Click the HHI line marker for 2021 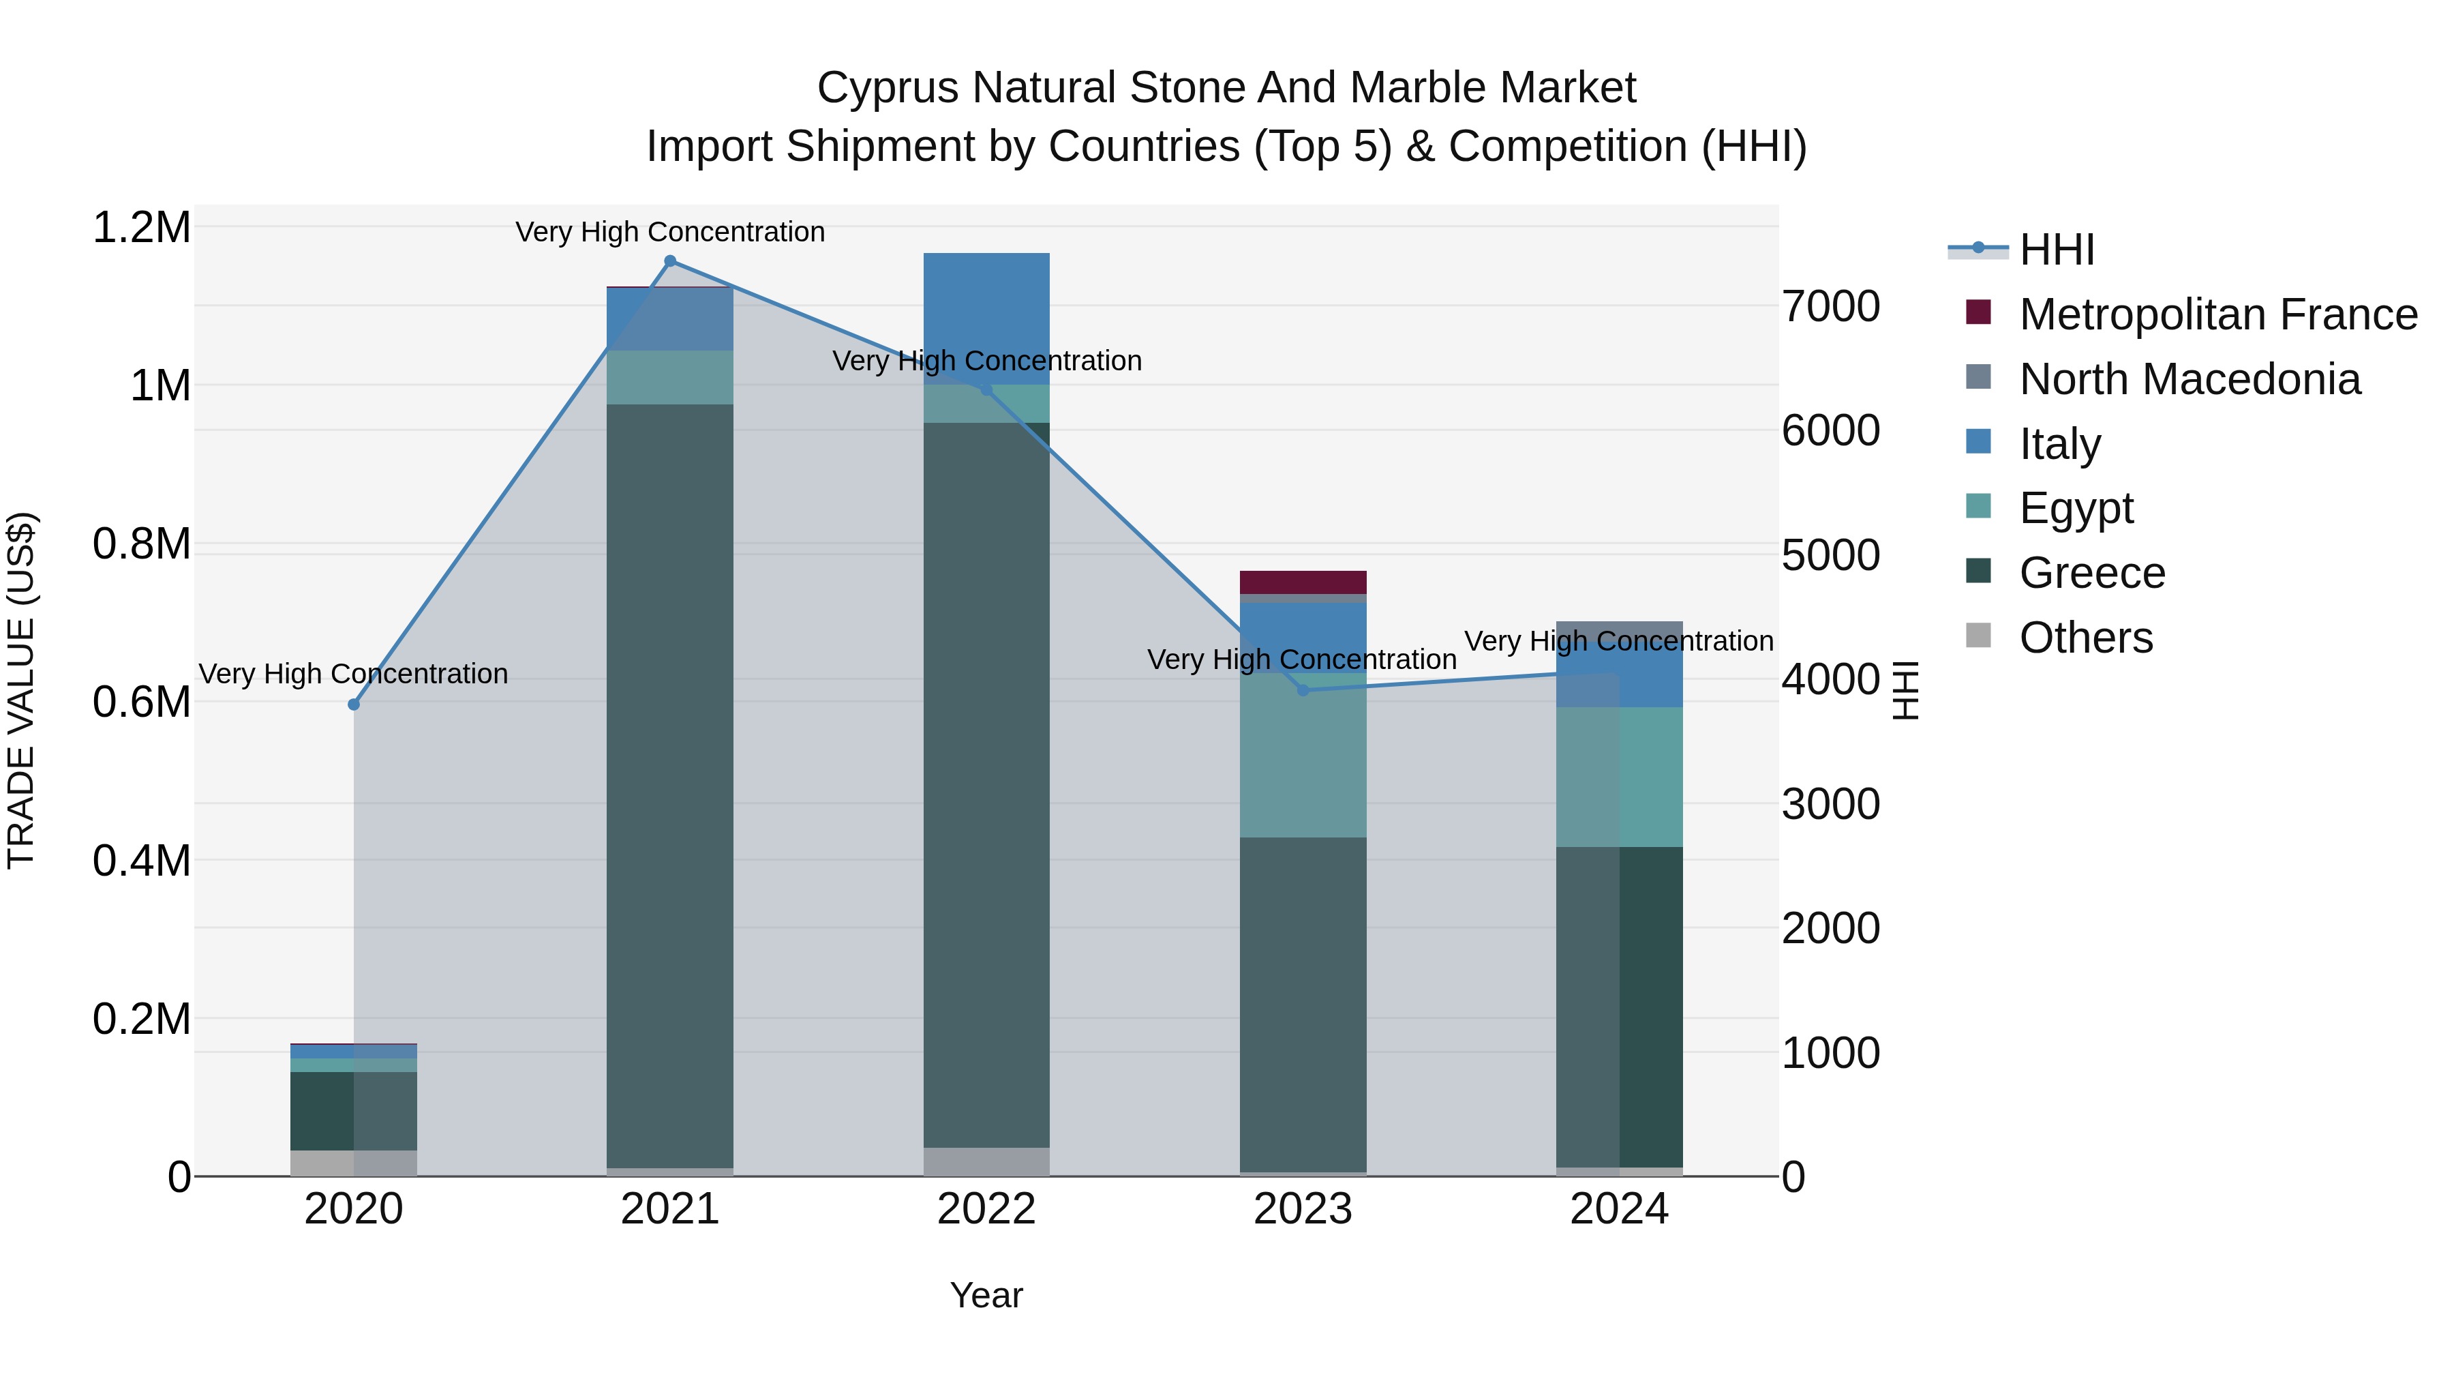(669, 261)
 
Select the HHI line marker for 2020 (353, 704)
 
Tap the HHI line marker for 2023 (1303, 690)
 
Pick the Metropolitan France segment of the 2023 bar (1303, 582)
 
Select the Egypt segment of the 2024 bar (1620, 777)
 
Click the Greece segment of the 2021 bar (669, 786)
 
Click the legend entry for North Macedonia (2189, 379)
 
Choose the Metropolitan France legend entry (2217, 314)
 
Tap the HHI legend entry (2056, 250)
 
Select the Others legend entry (2085, 638)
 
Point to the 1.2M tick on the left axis (142, 228)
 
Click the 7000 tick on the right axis (1830, 307)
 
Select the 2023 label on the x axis (1303, 1209)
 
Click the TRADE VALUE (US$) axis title (21, 690)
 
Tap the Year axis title (986, 1295)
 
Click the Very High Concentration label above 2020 (353, 674)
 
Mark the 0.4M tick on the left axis (142, 861)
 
